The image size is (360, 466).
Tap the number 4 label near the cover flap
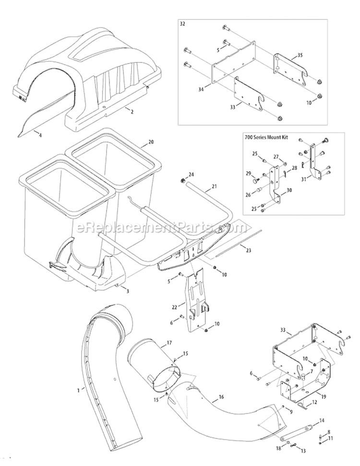click(40, 135)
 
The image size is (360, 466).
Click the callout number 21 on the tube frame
click(214, 186)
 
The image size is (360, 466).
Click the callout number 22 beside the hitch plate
click(175, 306)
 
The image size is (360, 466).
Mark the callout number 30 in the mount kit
click(288, 190)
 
